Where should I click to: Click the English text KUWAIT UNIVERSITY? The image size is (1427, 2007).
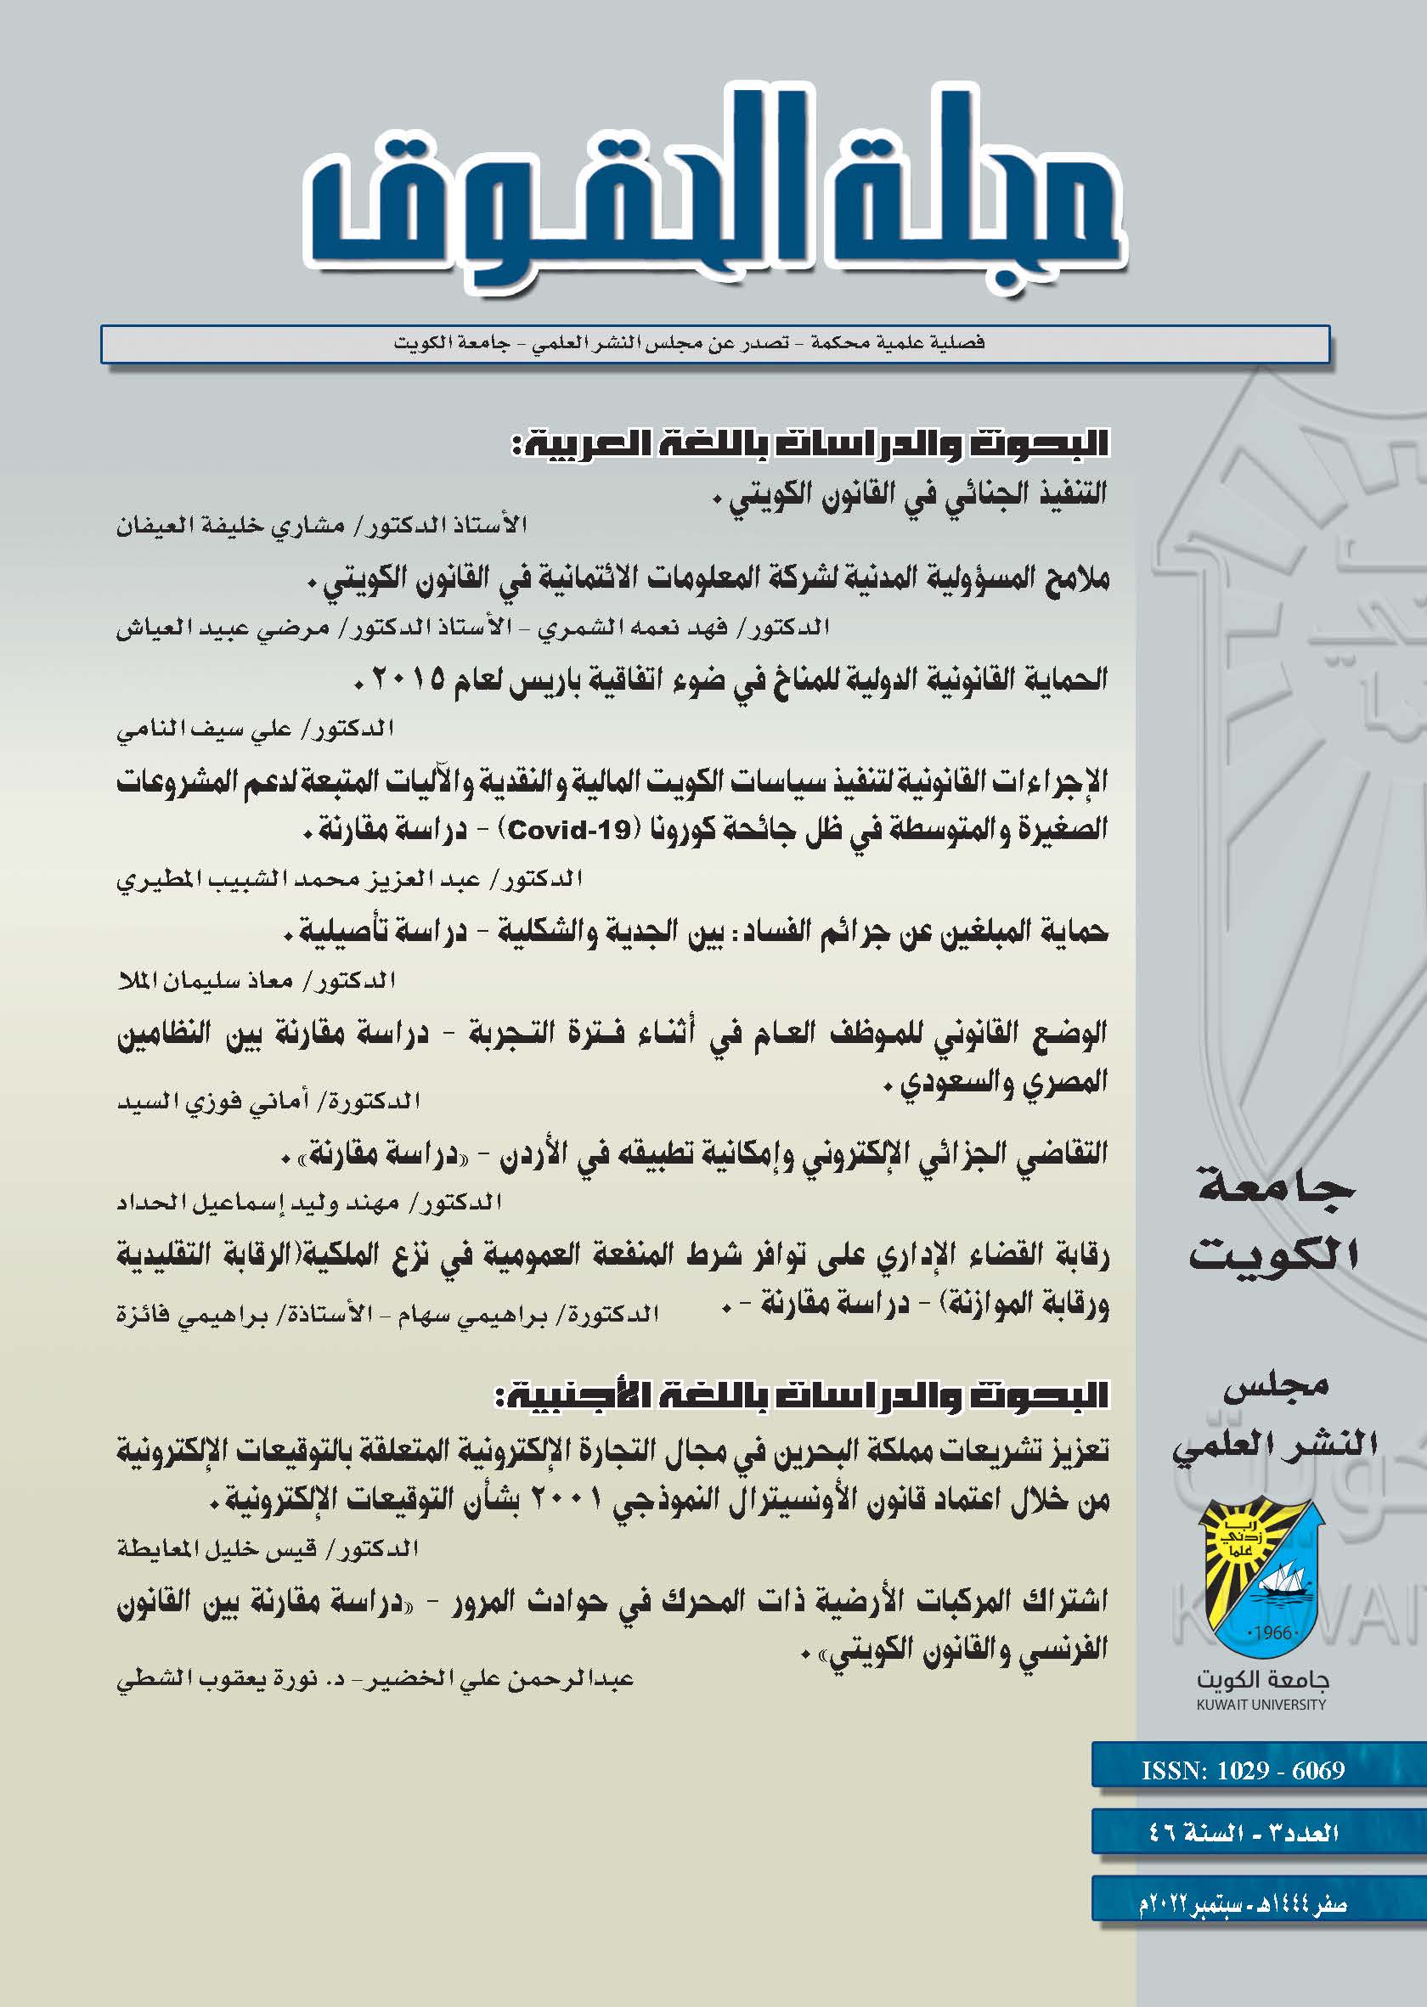1261,1704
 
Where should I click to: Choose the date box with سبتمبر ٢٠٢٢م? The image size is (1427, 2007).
1243,1903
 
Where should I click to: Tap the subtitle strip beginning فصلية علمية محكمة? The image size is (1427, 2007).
690,342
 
